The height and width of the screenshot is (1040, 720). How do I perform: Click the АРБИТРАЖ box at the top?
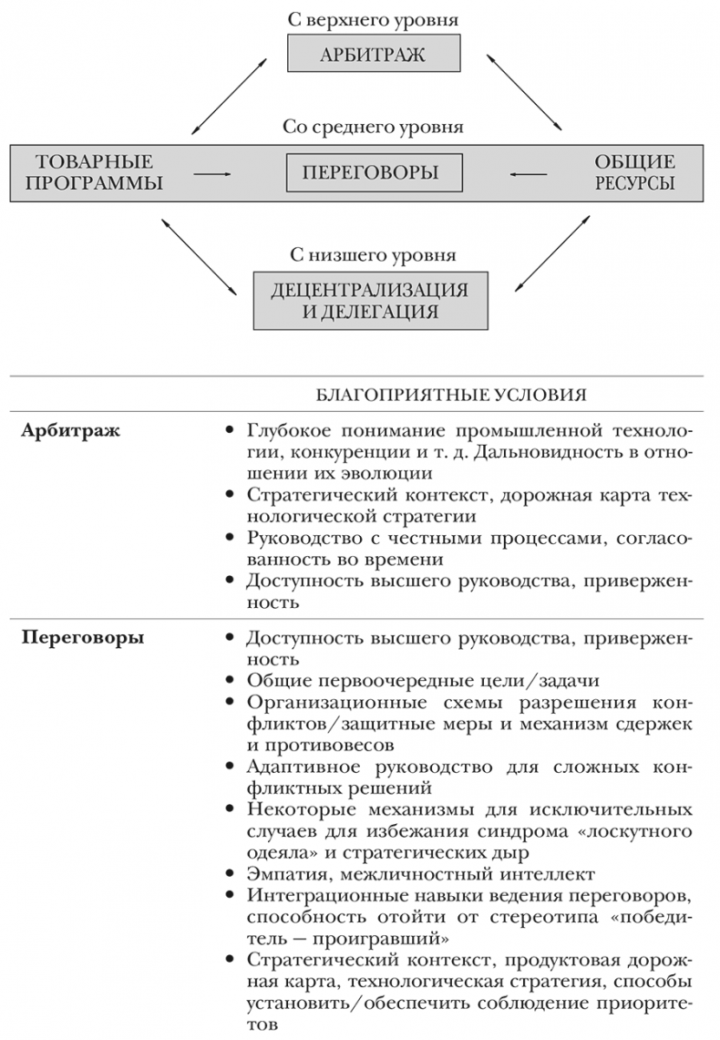coord(373,54)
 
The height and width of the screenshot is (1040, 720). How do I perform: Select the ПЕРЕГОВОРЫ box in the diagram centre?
coord(374,172)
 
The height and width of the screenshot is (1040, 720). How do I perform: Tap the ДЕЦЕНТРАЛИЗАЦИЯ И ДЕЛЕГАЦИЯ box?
coord(368,300)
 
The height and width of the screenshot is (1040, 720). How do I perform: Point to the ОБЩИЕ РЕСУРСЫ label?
coord(634,172)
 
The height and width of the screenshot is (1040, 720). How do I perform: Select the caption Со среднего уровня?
coord(372,128)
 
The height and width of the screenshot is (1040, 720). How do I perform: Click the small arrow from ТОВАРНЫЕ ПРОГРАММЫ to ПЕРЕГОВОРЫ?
coord(213,172)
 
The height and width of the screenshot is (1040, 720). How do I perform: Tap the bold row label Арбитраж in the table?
coord(57,429)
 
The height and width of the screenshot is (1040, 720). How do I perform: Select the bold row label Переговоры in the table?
coord(68,638)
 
